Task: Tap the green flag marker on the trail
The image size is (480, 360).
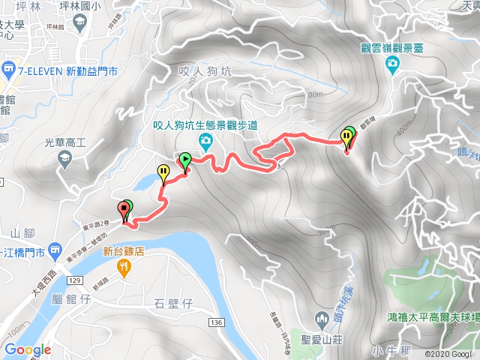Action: coord(184,159)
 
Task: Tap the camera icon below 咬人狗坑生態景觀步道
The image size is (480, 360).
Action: coord(203,142)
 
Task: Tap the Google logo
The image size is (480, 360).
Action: coord(27,349)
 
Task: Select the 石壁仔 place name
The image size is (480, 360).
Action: coord(173,303)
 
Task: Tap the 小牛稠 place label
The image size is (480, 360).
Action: coord(391,350)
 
